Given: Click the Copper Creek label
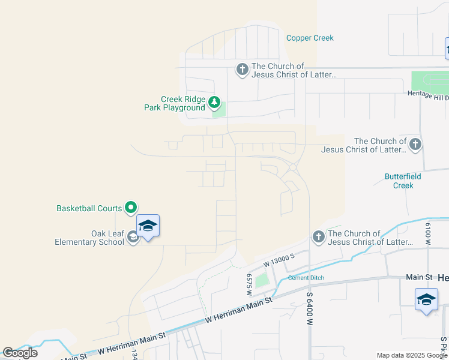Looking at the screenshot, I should [x=310, y=38].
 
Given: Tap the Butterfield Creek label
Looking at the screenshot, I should [x=403, y=181].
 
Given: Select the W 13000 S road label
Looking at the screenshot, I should [x=279, y=260].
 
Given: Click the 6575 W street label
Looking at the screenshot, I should [x=249, y=285].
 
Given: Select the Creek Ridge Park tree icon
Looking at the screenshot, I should [x=214, y=103].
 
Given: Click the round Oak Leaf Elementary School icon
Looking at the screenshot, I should [x=133, y=238].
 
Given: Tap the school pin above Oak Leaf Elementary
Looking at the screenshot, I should [x=148, y=226].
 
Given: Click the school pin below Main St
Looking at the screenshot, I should [x=426, y=299].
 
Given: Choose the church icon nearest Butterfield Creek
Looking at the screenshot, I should [x=414, y=144].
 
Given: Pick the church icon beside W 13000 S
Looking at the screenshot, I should [x=318, y=237].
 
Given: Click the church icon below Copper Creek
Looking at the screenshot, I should [x=242, y=70].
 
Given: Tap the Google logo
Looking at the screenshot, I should [x=20, y=353].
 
